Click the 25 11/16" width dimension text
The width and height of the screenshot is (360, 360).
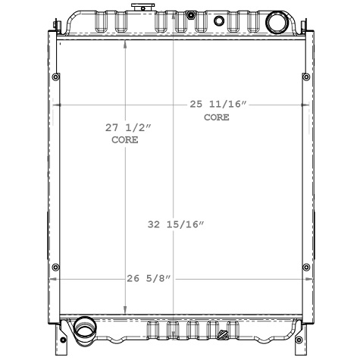tap(218, 105)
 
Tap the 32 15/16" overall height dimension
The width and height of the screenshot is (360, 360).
tap(176, 224)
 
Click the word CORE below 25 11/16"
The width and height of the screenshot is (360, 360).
tap(216, 117)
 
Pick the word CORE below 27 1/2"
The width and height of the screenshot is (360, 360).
tap(125, 140)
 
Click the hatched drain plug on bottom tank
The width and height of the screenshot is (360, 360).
tap(223, 335)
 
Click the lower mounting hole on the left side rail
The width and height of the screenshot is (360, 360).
tap(55, 267)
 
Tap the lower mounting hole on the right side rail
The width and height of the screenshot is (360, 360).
tap(305, 267)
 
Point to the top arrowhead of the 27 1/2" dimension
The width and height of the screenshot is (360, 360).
tap(126, 41)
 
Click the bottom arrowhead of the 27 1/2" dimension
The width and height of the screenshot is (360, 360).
tap(126, 310)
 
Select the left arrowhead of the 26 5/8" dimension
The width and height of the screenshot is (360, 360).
tap(52, 279)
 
